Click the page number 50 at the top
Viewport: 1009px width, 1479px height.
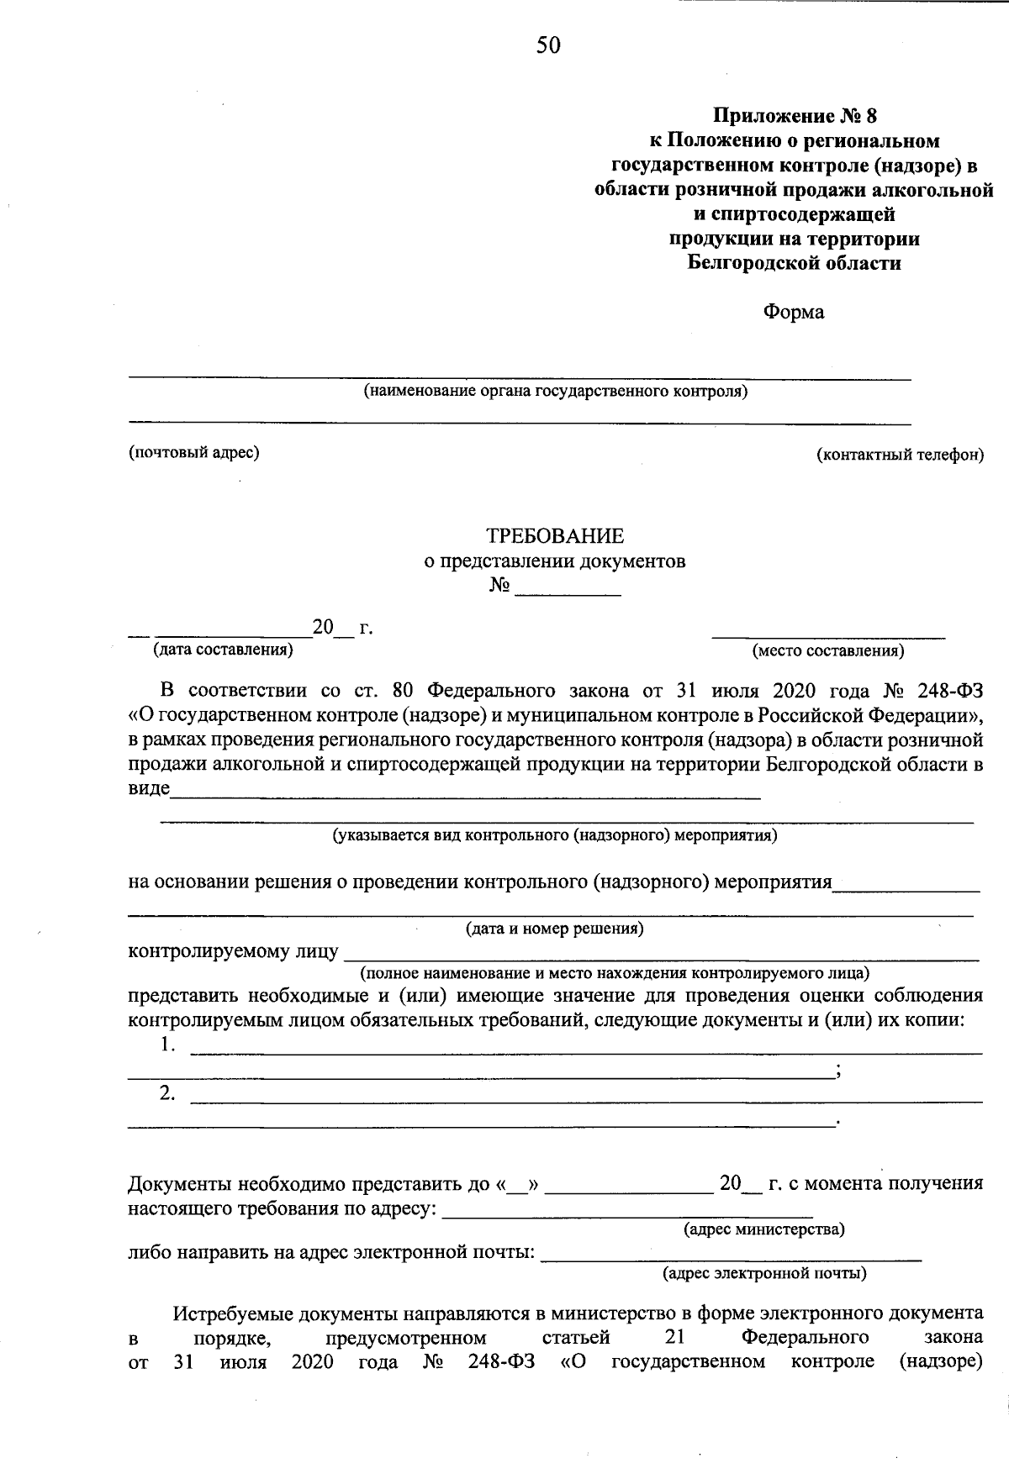(x=548, y=45)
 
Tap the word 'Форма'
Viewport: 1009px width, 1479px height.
(x=794, y=312)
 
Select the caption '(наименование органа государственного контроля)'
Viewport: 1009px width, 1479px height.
(x=555, y=392)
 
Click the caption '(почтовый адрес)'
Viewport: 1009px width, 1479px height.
(x=193, y=452)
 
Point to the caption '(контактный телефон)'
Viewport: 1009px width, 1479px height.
(x=900, y=455)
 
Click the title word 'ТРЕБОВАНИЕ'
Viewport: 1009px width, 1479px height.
(x=555, y=535)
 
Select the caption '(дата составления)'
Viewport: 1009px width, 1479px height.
(x=222, y=649)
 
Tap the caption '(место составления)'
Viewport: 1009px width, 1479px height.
(x=828, y=650)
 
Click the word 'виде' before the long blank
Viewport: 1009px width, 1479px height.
(x=149, y=789)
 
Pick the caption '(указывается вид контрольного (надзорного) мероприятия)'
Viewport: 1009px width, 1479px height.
(x=555, y=835)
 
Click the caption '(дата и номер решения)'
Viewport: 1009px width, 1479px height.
(x=555, y=929)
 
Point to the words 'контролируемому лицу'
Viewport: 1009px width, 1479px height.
(x=233, y=951)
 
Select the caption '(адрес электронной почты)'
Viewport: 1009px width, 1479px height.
(x=764, y=1273)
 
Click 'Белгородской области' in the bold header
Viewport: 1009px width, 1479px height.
(x=794, y=263)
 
